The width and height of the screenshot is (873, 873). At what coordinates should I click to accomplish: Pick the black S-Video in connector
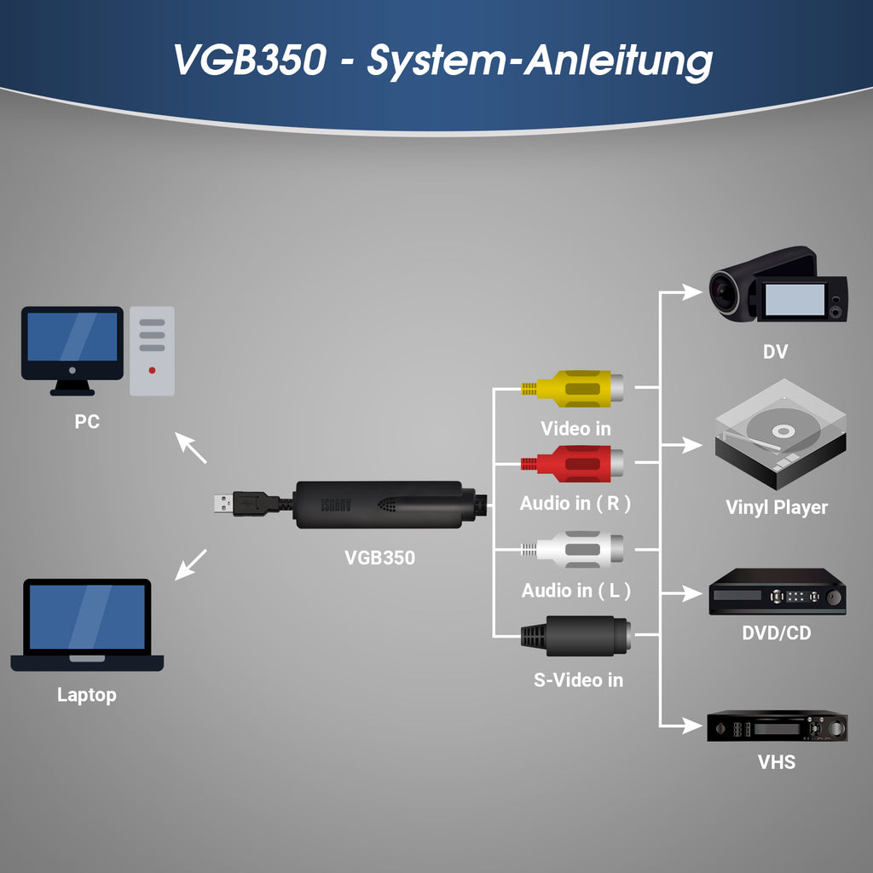(576, 635)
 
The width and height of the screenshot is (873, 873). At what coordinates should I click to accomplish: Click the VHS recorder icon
(777, 726)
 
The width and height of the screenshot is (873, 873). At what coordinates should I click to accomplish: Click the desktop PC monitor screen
(72, 338)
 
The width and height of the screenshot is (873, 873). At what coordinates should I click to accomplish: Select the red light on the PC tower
(152, 370)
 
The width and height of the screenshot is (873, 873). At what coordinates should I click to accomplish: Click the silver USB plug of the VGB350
(223, 503)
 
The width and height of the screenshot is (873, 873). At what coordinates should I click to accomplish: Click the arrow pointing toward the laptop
(190, 564)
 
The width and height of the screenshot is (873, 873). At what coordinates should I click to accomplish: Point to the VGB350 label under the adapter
(379, 558)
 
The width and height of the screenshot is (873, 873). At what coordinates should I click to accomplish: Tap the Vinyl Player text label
(776, 507)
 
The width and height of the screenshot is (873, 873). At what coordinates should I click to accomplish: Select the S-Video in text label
(577, 679)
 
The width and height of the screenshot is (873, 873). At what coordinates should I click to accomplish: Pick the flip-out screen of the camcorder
(795, 299)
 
